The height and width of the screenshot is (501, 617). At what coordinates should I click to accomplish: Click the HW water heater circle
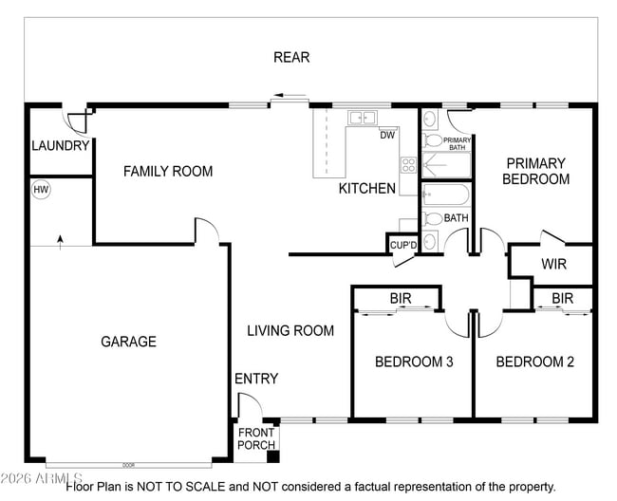[41, 190]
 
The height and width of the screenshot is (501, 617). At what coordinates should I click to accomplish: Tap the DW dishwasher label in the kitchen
[387, 136]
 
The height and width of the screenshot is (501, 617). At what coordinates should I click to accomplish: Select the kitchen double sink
[363, 118]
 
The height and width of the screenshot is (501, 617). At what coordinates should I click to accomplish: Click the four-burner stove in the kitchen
[408, 165]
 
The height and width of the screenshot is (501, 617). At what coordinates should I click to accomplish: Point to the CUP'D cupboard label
[403, 246]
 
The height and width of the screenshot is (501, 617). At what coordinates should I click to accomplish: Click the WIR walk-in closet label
[553, 264]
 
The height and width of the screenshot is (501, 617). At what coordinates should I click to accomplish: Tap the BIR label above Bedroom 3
[401, 299]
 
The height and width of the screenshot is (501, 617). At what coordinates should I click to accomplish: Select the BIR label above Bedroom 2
[562, 299]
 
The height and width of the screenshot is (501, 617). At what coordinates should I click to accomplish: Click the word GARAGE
[129, 342]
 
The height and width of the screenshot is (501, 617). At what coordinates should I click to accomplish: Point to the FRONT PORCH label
[256, 439]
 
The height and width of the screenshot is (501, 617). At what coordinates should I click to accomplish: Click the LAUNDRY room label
[61, 146]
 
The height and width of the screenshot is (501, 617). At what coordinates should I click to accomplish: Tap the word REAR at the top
[291, 58]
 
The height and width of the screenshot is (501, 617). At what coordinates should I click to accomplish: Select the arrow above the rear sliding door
[290, 95]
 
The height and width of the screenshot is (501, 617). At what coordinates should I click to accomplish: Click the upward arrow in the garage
[60, 243]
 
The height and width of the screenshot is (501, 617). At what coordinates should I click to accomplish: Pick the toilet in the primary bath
[433, 140]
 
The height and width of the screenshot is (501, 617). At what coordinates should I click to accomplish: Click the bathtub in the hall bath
[446, 195]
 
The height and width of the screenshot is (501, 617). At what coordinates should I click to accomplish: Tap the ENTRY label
[256, 379]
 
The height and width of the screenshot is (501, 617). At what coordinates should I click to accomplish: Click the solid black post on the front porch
[273, 457]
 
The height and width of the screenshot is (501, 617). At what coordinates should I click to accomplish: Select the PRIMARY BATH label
[457, 144]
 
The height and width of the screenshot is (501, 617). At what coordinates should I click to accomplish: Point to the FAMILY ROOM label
[168, 172]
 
